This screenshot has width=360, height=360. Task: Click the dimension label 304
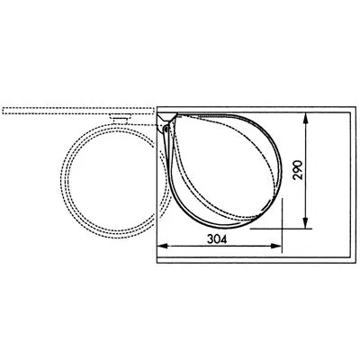click(x=217, y=239)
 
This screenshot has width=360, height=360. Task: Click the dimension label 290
click(x=298, y=170)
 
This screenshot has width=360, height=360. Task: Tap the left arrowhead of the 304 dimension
click(x=162, y=246)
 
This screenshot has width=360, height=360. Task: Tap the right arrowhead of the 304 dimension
click(x=276, y=246)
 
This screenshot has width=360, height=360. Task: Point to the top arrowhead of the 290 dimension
click(x=305, y=118)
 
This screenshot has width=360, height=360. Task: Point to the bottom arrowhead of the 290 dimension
click(x=305, y=223)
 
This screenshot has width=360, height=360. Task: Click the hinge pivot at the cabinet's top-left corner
click(x=166, y=129)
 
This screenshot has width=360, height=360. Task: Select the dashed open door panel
click(x=78, y=111)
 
